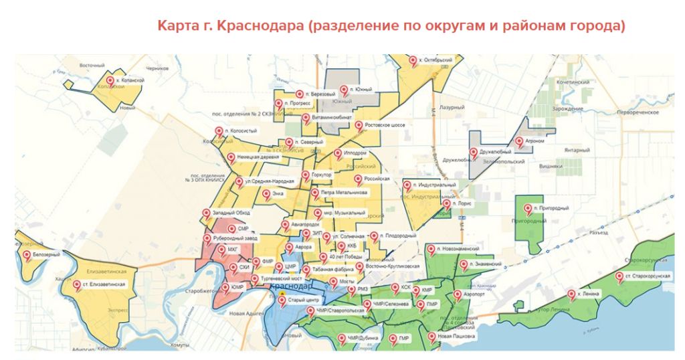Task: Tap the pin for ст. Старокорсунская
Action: point(619,276)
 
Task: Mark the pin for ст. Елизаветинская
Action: point(76,284)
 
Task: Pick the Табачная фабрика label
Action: point(332,270)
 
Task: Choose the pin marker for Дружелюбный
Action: point(474,153)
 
